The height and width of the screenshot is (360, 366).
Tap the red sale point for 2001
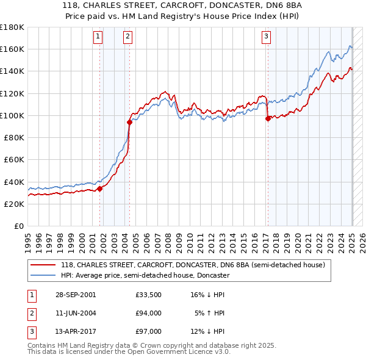click(x=100, y=189)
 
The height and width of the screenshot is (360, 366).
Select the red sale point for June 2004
click(x=129, y=122)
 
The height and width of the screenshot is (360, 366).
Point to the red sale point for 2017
click(x=268, y=119)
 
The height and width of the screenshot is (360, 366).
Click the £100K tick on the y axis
click(x=13, y=115)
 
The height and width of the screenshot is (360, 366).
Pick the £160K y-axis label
click(x=13, y=49)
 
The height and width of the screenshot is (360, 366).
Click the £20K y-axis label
click(x=15, y=204)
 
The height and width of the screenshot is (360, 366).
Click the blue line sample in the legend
click(x=43, y=275)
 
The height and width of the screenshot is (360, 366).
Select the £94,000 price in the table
click(x=148, y=313)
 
